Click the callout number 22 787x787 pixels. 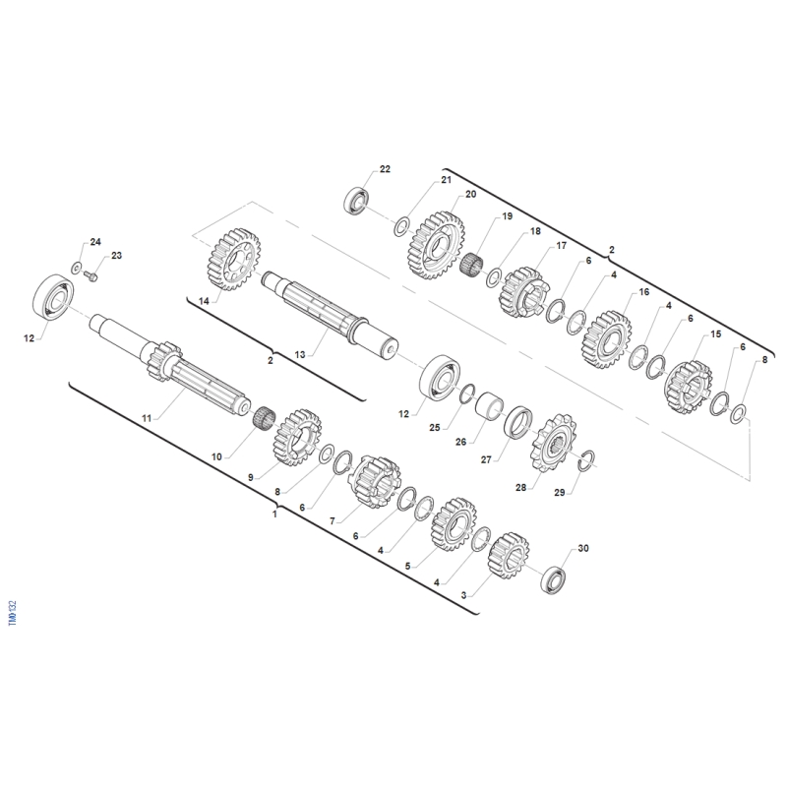[x=385, y=169]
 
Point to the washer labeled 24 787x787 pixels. [x=77, y=268]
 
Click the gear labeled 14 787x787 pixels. [x=233, y=260]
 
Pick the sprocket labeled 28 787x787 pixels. [x=553, y=443]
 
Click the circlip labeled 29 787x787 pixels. [x=585, y=461]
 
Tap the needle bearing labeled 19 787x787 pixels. [x=471, y=264]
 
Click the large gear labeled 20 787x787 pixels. [x=435, y=245]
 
